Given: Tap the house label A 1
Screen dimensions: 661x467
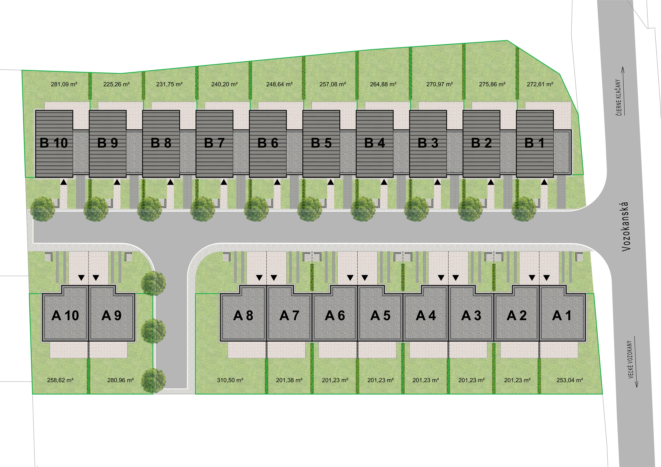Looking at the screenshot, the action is (562, 316).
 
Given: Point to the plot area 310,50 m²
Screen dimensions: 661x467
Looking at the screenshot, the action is (230, 380).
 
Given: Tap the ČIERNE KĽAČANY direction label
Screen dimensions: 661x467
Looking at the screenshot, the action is (618, 97).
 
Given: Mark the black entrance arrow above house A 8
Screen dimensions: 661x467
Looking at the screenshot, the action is (259, 278).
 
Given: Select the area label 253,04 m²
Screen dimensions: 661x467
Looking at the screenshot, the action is (569, 380).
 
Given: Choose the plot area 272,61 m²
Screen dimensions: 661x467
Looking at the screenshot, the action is (540, 84).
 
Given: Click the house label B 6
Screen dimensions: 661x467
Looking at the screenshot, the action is (268, 143).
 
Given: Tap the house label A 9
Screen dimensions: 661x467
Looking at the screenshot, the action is (111, 316).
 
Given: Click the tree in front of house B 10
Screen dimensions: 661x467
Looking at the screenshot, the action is (42, 209).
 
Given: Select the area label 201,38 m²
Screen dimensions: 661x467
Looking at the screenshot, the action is (289, 380).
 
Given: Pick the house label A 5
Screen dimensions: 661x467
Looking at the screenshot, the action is (380, 316).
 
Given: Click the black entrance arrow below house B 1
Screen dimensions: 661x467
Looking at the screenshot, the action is (544, 182).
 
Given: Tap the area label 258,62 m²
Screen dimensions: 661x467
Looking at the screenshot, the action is (60, 380).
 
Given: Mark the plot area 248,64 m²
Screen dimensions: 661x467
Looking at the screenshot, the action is (279, 84).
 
